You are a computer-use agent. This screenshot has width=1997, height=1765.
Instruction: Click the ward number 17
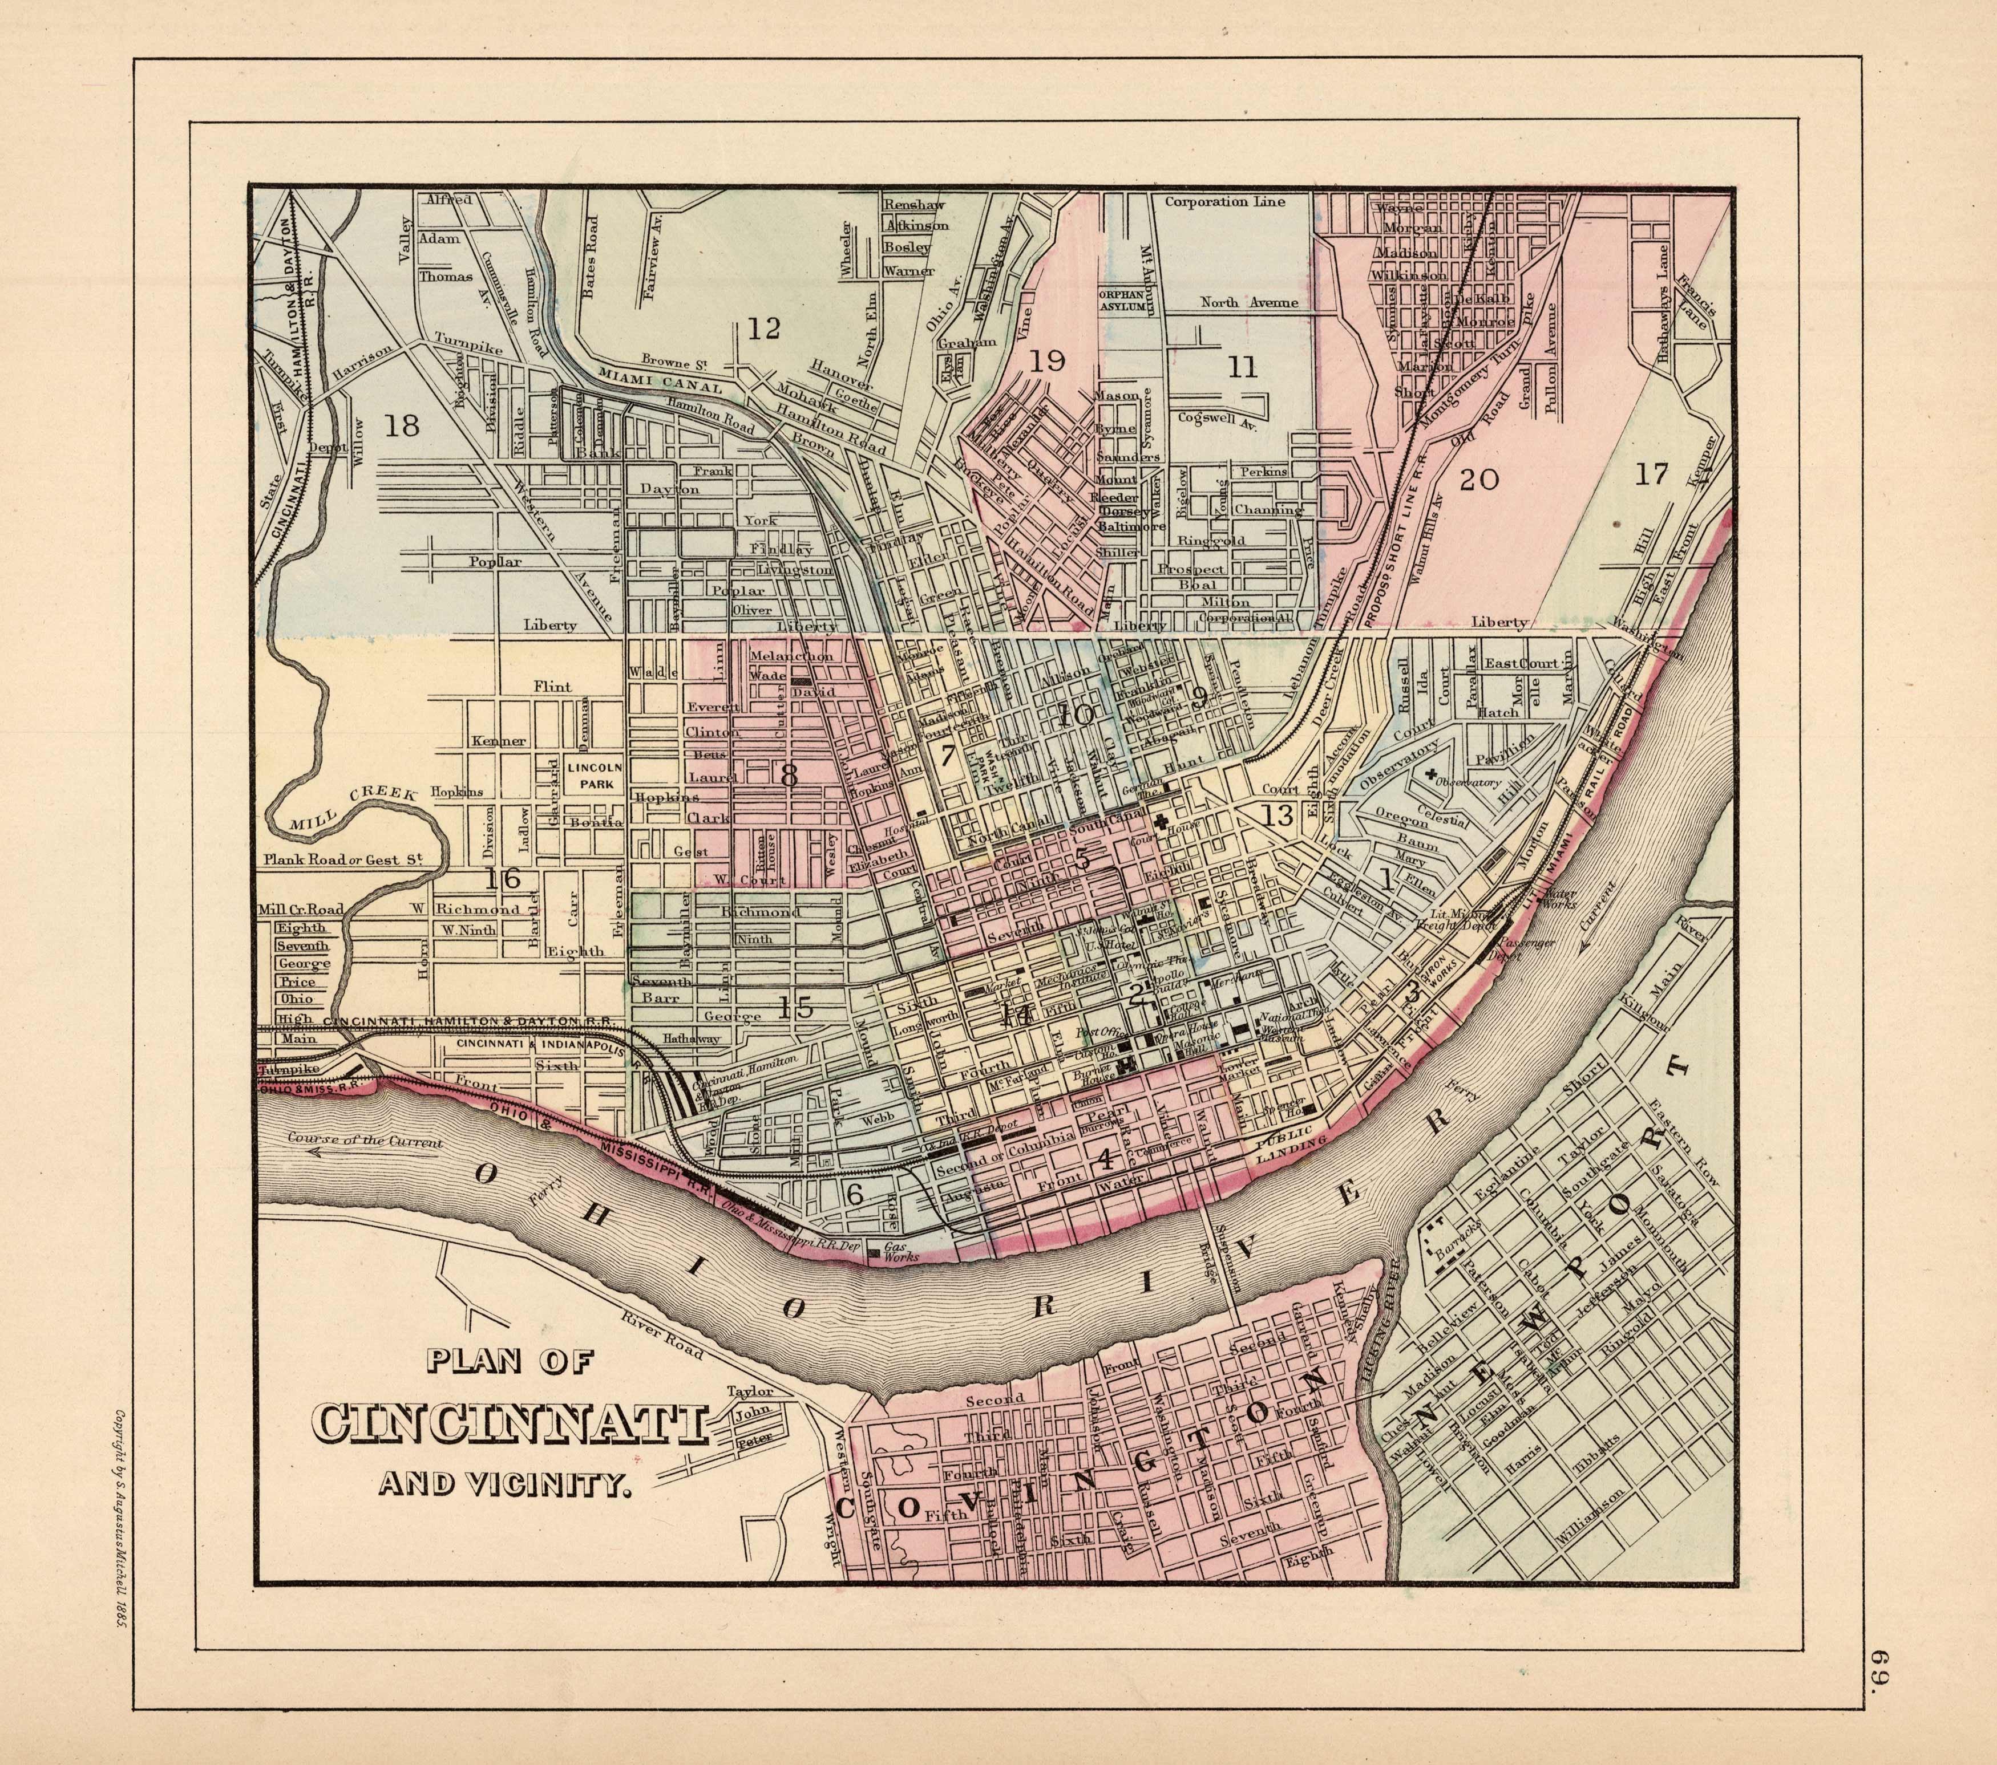tap(1651, 474)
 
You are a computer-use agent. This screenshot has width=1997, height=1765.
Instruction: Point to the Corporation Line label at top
tap(1224, 202)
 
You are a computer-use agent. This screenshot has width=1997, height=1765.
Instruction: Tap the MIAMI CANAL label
tap(661, 381)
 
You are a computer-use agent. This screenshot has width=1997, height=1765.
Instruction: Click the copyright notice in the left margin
tap(123, 1495)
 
